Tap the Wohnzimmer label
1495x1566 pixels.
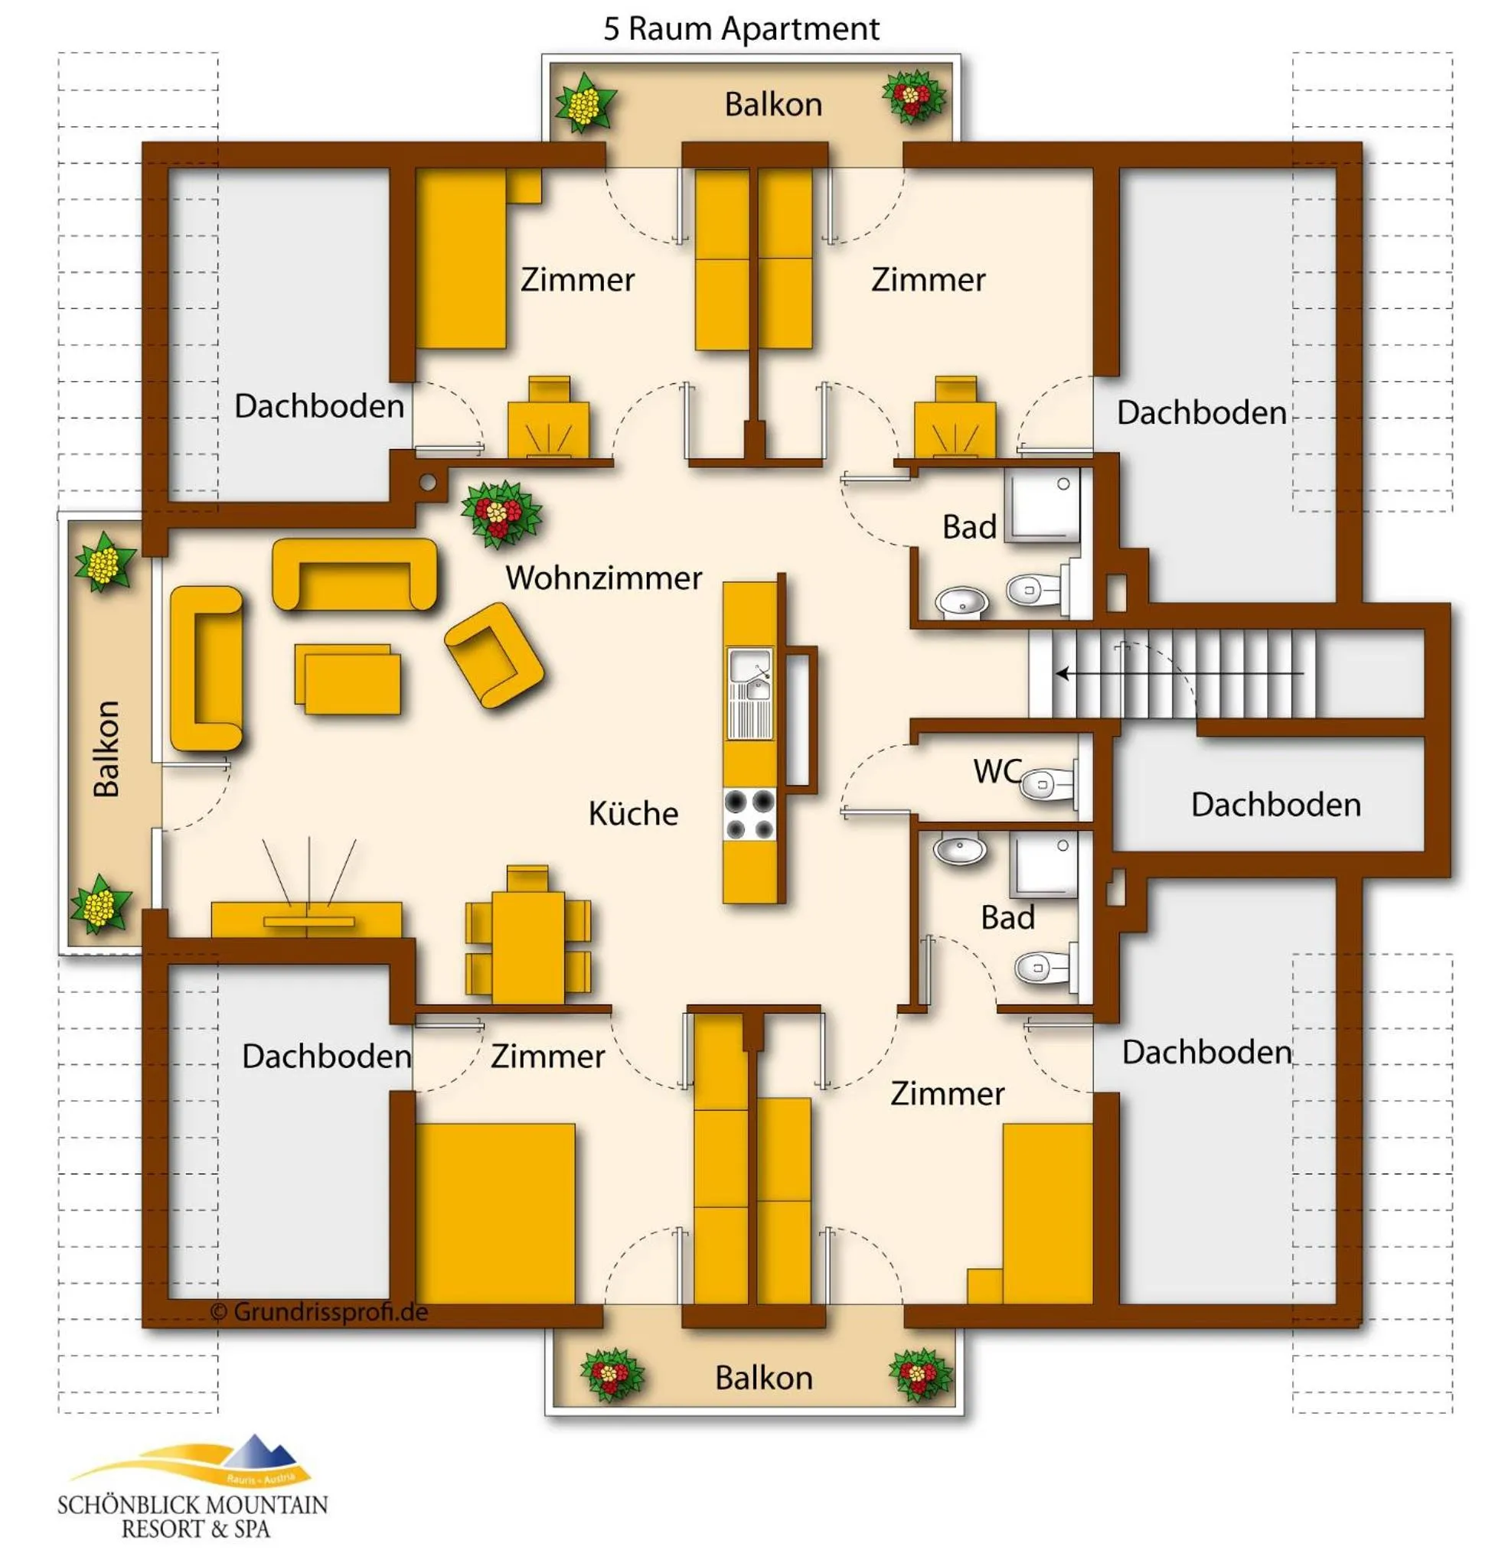[603, 578]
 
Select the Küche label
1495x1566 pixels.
[633, 813]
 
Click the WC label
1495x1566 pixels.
[996, 770]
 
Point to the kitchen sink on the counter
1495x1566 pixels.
[749, 676]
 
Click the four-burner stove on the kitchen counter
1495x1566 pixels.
[749, 814]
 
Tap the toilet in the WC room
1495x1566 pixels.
[1047, 784]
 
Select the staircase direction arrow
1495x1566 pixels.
[1180, 673]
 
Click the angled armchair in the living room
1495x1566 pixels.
[494, 655]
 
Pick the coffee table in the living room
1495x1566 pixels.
[348, 679]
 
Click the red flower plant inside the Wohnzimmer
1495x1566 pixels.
[501, 514]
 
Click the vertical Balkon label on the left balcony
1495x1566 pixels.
[106, 748]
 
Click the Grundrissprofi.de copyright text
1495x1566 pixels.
[318, 1312]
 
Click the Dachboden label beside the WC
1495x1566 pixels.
[1275, 805]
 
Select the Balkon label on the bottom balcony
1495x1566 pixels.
[763, 1378]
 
